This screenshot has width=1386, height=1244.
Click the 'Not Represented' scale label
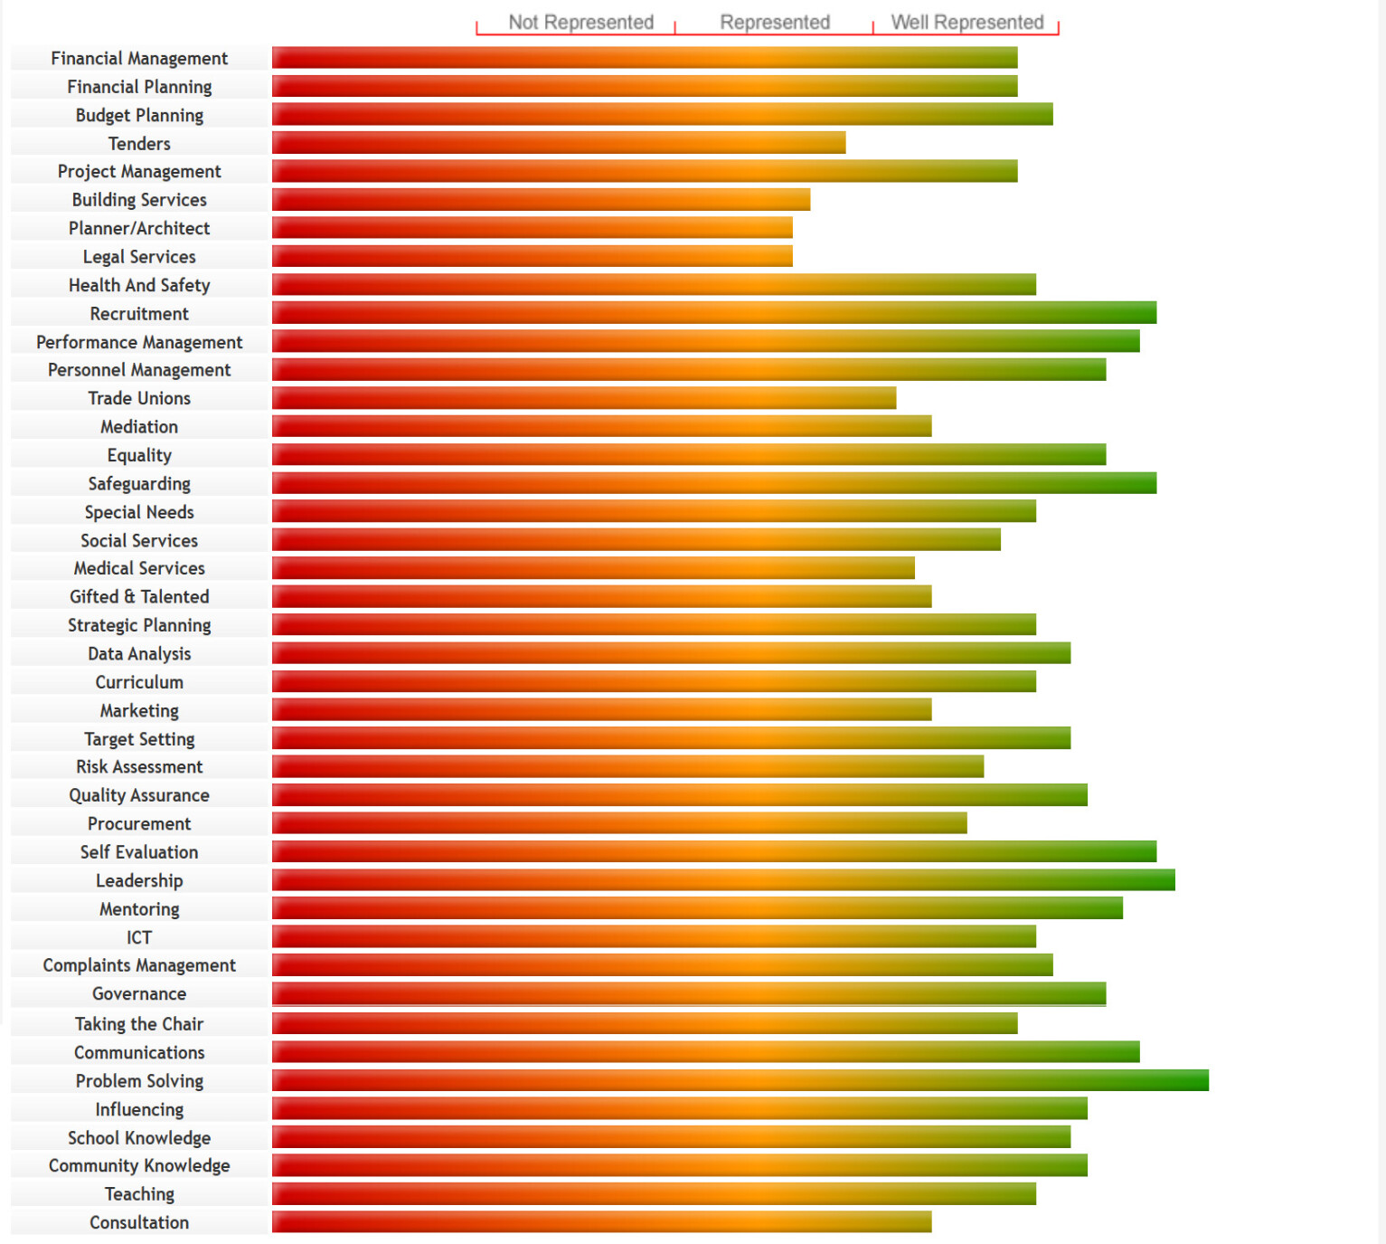click(580, 23)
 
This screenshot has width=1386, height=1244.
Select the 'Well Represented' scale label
click(966, 23)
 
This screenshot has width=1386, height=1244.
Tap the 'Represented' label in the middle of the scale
click(775, 23)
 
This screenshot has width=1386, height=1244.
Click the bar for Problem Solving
click(740, 1080)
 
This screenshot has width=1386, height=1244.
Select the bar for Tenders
click(559, 143)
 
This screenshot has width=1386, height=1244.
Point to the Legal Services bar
click(533, 256)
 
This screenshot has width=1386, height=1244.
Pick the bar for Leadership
click(723, 880)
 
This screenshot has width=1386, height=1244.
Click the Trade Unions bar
click(584, 398)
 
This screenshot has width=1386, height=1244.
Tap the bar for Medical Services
click(593, 568)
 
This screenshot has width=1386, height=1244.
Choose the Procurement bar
click(619, 823)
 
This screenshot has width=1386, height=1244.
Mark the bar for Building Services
click(541, 200)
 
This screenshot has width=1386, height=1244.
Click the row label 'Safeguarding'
click(139, 484)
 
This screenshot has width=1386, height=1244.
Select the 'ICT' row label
click(139, 937)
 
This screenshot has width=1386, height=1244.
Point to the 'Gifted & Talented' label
click(139, 597)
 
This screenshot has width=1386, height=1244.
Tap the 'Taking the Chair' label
click(139, 1024)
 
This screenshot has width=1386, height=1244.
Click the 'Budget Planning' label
click(139, 116)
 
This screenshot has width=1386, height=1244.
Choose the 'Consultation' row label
click(139, 1222)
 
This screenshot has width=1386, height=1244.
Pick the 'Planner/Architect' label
click(139, 229)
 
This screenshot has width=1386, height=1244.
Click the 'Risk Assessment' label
click(139, 767)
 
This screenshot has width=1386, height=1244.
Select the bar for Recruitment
click(714, 313)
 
